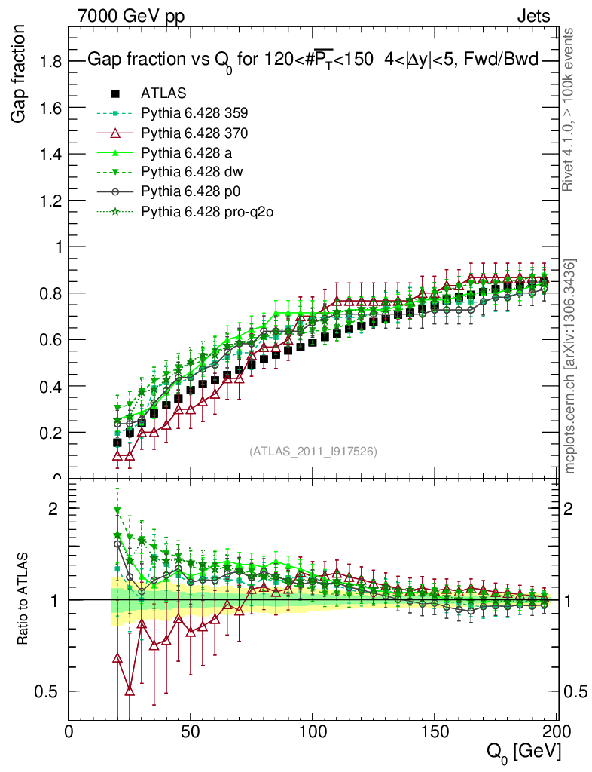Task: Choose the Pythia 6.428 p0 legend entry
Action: point(191,192)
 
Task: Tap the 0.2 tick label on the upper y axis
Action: point(51,433)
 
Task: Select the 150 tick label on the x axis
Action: point(433,731)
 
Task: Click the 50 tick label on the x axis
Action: point(191,731)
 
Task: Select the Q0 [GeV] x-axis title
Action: point(523,751)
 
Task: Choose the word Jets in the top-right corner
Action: point(532,16)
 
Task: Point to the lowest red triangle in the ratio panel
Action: point(130,691)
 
